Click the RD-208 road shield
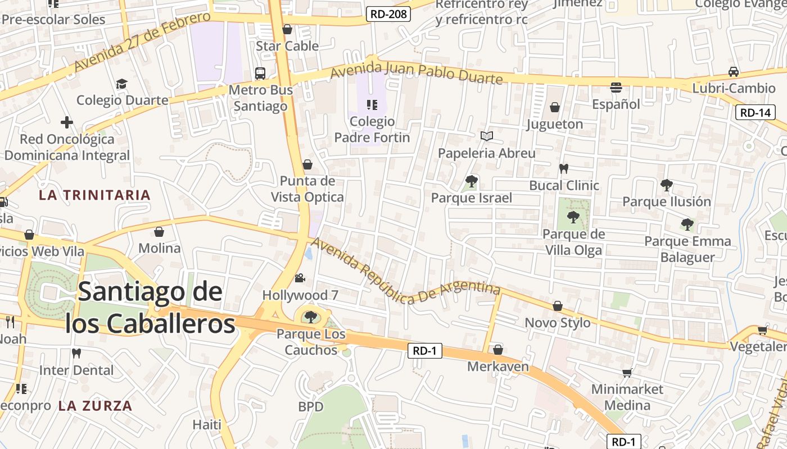click(388, 14)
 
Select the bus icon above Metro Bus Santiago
click(260, 73)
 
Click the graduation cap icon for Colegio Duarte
click(121, 84)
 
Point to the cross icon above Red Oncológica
click(67, 122)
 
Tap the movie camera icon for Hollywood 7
click(300, 278)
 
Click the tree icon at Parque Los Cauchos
click(310, 317)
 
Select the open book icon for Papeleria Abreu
click(487, 136)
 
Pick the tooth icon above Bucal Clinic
click(564, 168)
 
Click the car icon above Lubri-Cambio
click(734, 72)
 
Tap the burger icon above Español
click(616, 88)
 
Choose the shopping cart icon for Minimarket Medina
click(627, 373)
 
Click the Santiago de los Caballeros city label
click(150, 308)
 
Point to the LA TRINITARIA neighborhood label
click(94, 195)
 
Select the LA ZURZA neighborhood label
click(95, 406)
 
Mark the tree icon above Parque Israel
click(471, 181)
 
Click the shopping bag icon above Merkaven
click(498, 350)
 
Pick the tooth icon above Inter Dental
click(76, 354)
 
